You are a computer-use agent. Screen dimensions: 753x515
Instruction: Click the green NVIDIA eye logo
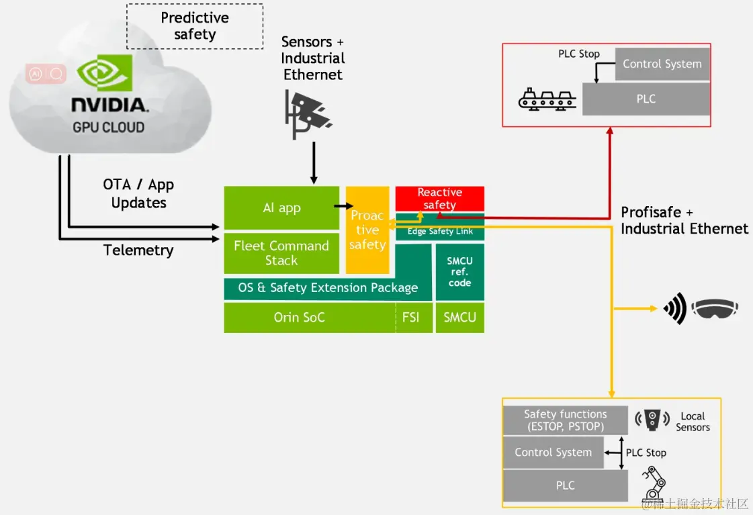[105, 73]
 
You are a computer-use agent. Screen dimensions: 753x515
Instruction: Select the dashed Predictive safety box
[195, 26]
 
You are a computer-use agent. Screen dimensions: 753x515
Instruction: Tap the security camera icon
[308, 114]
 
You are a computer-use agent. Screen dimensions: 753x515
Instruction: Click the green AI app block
[282, 208]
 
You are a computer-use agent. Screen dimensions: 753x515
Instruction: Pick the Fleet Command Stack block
[282, 253]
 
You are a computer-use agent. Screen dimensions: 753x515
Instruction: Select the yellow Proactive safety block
[367, 230]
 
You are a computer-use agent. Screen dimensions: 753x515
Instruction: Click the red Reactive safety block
[440, 198]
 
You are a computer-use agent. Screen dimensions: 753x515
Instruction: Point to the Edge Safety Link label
[441, 232]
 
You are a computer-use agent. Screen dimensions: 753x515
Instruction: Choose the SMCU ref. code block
[459, 272]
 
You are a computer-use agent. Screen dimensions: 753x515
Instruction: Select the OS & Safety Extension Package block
[328, 287]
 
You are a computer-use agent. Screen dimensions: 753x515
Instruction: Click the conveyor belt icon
[547, 99]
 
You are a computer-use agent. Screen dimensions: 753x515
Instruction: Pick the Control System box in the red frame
[662, 64]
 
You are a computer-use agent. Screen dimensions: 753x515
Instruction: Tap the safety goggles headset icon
[715, 308]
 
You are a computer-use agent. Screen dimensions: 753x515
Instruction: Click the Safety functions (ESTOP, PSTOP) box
[565, 420]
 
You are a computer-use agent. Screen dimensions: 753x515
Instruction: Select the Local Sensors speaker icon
[652, 420]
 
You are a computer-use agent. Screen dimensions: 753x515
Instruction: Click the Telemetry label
[138, 250]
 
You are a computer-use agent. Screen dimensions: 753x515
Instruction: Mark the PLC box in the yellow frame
[565, 485]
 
